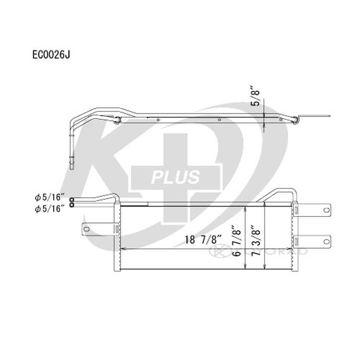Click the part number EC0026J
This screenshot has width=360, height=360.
(x=51, y=55)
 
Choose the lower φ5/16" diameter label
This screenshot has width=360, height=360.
(x=50, y=207)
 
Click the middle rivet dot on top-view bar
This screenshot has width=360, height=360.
(x=219, y=120)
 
